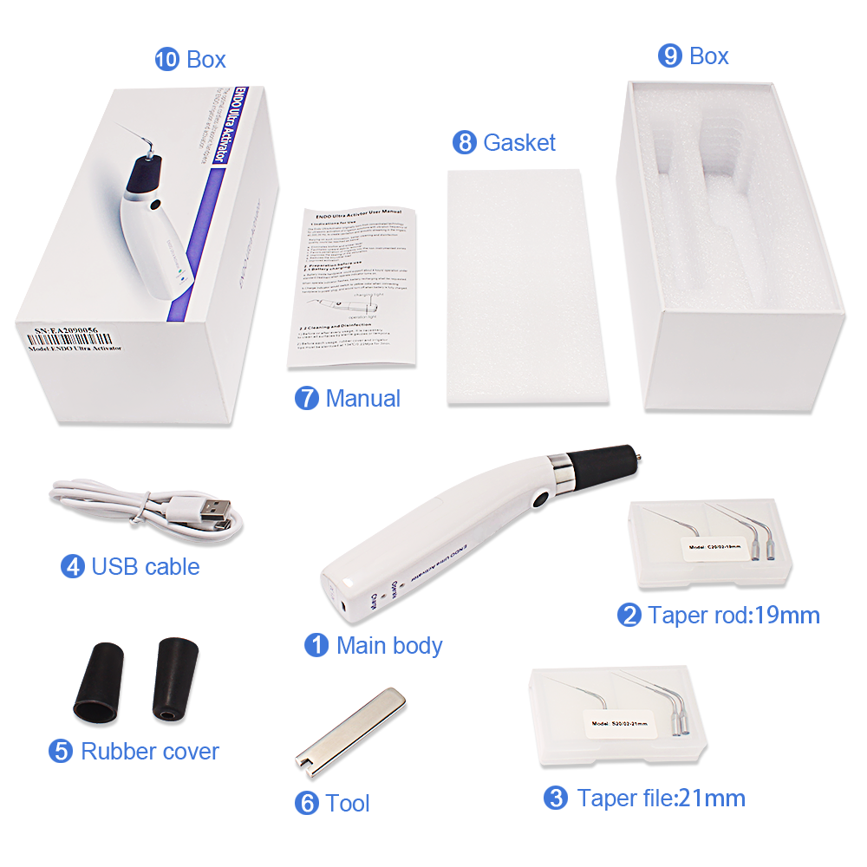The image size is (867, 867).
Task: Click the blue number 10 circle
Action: (166, 59)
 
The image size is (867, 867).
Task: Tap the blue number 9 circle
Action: (670, 56)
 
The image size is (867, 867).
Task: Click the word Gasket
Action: (519, 142)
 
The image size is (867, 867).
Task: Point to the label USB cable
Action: (145, 567)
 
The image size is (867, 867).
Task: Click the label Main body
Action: (389, 645)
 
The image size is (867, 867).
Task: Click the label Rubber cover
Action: (150, 751)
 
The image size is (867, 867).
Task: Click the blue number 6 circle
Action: (306, 804)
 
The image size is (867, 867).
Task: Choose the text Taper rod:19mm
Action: (733, 616)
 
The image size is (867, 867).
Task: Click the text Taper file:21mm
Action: (661, 798)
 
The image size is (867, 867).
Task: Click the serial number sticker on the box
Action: (74, 337)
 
